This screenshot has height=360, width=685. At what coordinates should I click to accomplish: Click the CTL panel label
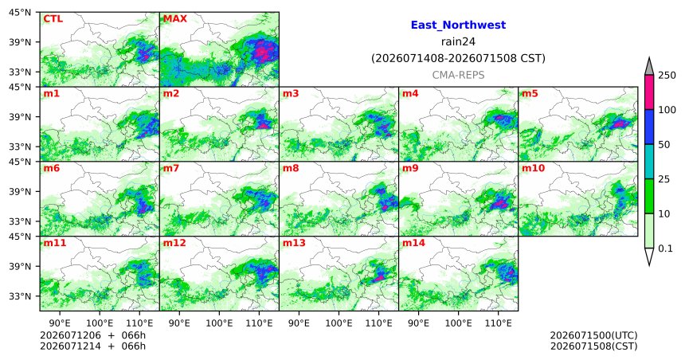(53, 19)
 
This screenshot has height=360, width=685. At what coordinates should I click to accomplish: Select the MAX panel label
(174, 19)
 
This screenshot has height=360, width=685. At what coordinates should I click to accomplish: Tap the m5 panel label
(530, 93)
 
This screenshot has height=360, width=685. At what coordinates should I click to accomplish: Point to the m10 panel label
(533, 168)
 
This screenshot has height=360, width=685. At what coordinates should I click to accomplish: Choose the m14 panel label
(413, 243)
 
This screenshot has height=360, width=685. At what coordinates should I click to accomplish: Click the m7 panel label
(170, 168)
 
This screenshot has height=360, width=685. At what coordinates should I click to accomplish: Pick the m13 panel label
(294, 243)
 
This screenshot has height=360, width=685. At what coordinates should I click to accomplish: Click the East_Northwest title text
(458, 25)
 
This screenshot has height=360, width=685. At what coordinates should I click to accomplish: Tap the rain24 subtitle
(458, 41)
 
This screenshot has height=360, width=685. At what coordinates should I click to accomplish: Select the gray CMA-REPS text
(458, 75)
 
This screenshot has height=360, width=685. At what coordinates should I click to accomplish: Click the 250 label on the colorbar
(667, 75)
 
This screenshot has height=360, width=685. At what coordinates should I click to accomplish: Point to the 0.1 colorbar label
(665, 248)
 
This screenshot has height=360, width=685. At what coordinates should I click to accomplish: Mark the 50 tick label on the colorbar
(664, 145)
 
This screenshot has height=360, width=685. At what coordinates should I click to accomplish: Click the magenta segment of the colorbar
(649, 92)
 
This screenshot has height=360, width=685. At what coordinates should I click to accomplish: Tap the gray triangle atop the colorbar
(649, 66)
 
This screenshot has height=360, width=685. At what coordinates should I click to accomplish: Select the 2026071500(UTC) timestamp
(593, 335)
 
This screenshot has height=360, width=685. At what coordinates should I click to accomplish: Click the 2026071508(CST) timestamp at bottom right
(593, 346)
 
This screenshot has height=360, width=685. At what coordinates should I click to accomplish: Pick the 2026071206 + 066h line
(92, 335)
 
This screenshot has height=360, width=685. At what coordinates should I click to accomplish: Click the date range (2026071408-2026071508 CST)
(458, 58)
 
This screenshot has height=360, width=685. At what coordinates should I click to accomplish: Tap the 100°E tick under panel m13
(339, 323)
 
